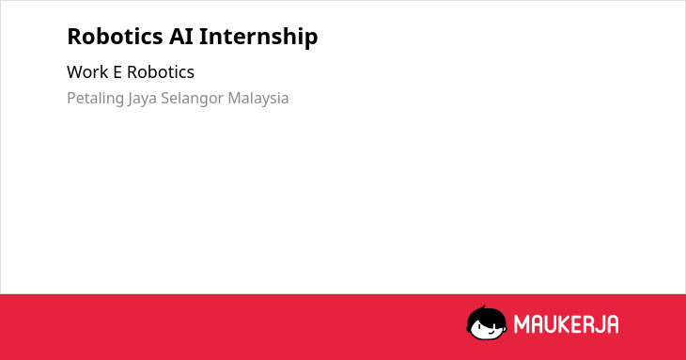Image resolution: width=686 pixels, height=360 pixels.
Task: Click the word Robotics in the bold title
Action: tap(115, 36)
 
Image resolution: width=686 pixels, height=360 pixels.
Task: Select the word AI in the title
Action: tap(181, 36)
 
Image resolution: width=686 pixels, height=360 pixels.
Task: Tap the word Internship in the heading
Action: tap(258, 37)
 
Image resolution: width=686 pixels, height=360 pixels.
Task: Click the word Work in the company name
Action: tap(87, 72)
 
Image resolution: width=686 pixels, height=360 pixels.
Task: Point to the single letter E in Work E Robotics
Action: tap(117, 72)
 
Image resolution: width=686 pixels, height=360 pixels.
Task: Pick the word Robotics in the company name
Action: tap(161, 72)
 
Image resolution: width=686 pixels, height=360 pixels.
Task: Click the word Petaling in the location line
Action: tap(95, 99)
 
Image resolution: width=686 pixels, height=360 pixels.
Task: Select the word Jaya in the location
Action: tap(142, 99)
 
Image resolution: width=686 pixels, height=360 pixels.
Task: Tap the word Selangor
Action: tap(193, 99)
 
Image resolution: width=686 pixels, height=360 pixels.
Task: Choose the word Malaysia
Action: tap(258, 99)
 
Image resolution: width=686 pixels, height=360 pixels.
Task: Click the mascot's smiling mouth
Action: tap(490, 332)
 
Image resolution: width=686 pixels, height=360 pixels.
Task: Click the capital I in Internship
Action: tap(203, 37)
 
